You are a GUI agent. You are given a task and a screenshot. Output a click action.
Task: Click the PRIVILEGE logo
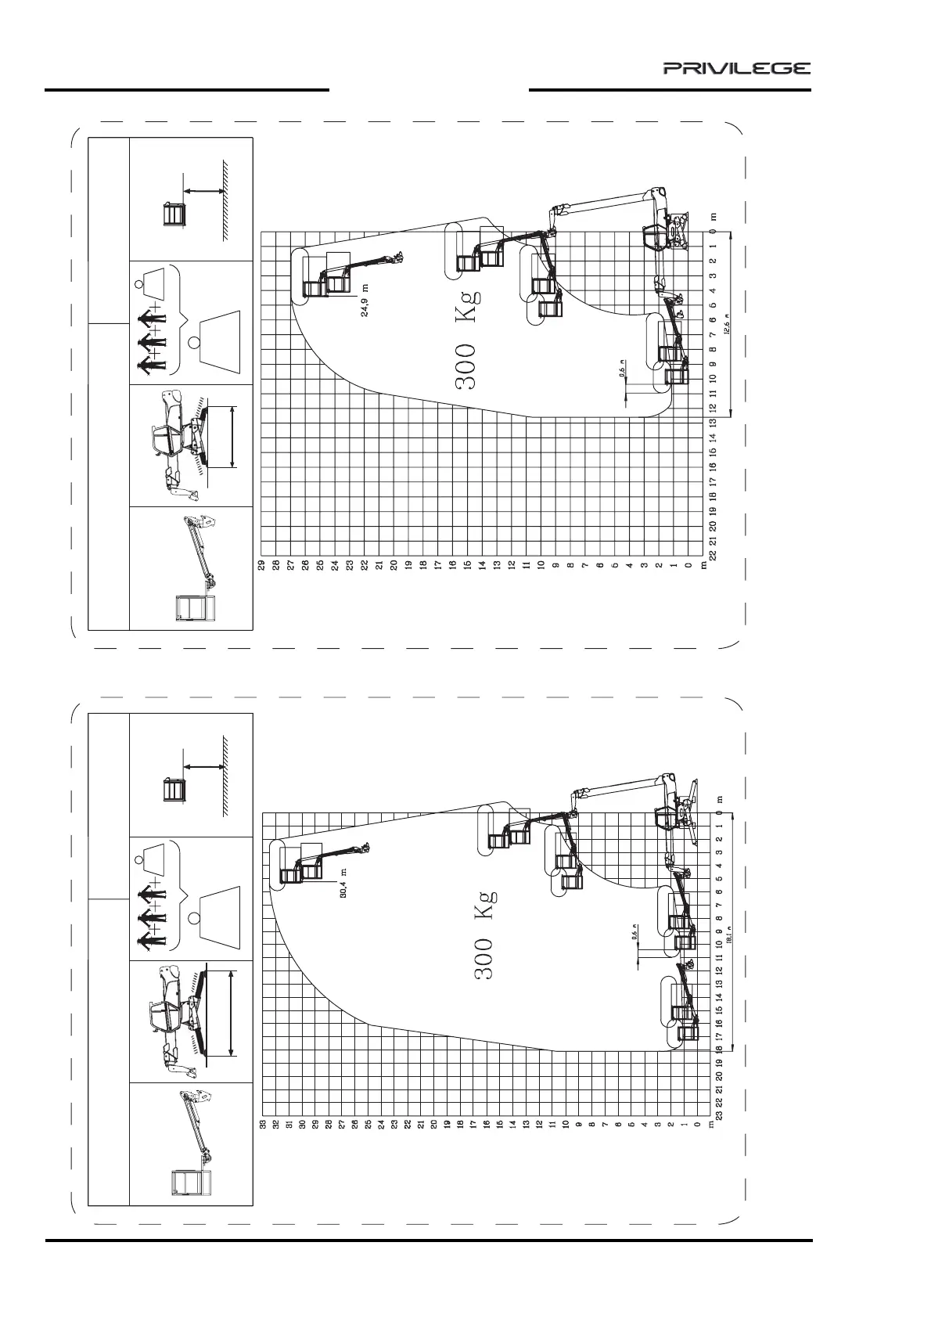click(x=737, y=69)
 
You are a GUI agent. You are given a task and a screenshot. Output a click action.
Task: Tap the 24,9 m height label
click(x=365, y=300)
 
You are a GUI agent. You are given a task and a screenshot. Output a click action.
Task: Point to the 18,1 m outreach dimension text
click(x=729, y=937)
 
